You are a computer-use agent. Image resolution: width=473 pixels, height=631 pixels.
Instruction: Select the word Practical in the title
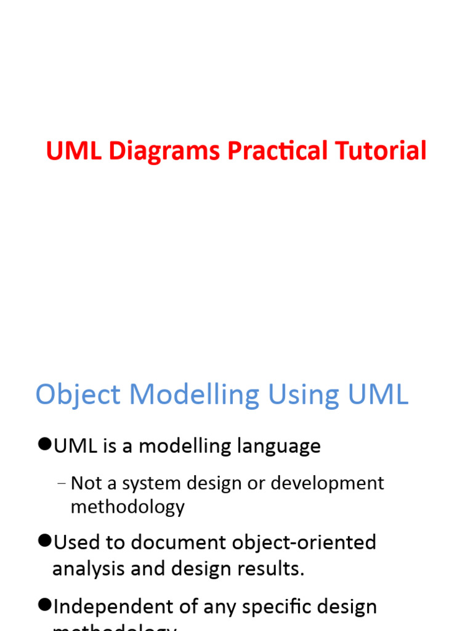tap(278, 152)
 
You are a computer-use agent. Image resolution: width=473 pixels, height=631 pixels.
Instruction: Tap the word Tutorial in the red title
tap(381, 151)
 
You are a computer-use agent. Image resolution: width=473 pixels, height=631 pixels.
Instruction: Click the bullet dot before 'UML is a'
tap(44, 445)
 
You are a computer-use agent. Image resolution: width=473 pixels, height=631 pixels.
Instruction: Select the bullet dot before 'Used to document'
tap(44, 541)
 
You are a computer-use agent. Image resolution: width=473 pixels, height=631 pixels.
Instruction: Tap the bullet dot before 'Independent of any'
tap(44, 606)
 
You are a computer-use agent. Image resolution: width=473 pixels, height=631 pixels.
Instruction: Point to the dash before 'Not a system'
tap(61, 483)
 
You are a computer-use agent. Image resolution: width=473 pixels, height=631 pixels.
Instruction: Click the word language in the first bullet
tap(283, 446)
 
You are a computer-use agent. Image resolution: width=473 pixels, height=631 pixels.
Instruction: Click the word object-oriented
tap(304, 542)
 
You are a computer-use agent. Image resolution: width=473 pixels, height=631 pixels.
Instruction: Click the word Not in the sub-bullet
tap(83, 483)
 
